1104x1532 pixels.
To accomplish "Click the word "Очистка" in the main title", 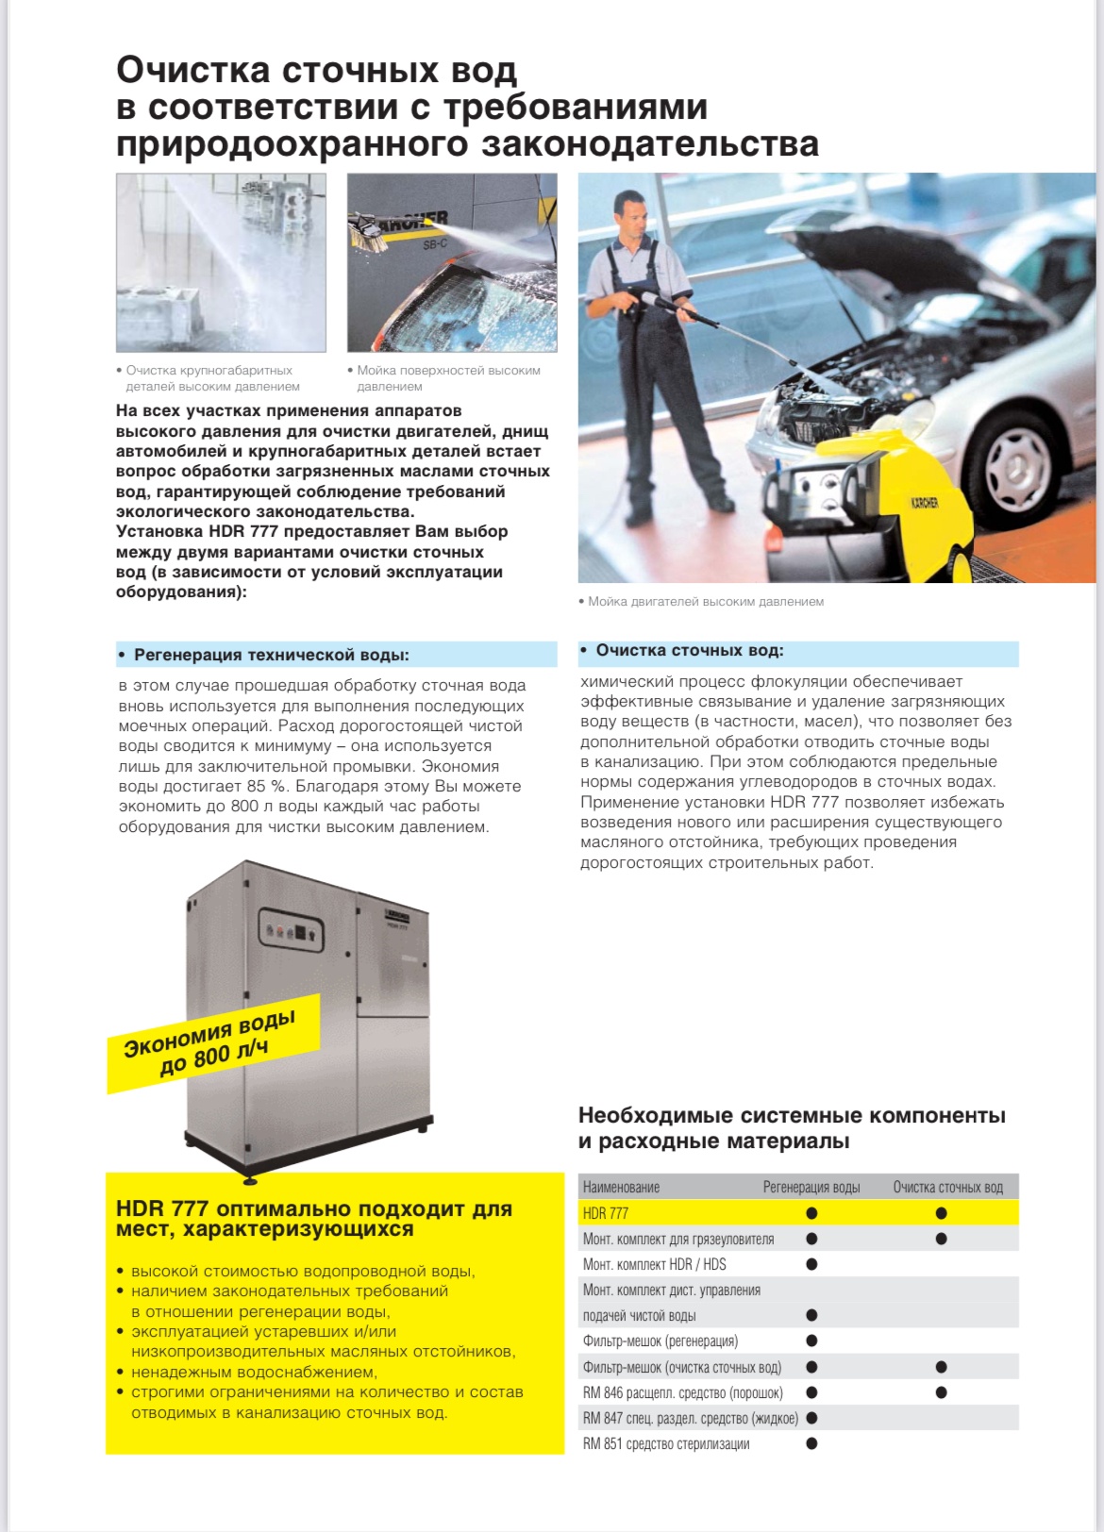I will pyautogui.click(x=192, y=71).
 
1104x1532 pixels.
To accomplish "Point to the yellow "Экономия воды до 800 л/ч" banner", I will pyautogui.click(x=212, y=1043).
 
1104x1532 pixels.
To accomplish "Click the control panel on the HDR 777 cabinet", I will pyautogui.click(x=291, y=931).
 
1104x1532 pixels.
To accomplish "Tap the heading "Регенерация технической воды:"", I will pyautogui.click(x=271, y=655).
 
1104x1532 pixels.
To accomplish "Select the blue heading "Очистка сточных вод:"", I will pyautogui.click(x=689, y=651).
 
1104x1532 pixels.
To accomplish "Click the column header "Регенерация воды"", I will pyautogui.click(x=811, y=1187).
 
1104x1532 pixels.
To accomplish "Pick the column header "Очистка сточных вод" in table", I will pyautogui.click(x=947, y=1187).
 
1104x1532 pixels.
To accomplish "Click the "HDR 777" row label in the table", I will pyautogui.click(x=606, y=1213).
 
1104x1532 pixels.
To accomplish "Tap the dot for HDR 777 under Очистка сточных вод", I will pyautogui.click(x=941, y=1213).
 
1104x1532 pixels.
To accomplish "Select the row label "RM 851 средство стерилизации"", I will pyautogui.click(x=666, y=1443).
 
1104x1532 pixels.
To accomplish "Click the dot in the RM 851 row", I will pyautogui.click(x=811, y=1443).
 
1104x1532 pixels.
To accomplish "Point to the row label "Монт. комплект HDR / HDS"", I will pyautogui.click(x=654, y=1264).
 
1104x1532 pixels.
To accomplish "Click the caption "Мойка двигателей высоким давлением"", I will pyautogui.click(x=705, y=602).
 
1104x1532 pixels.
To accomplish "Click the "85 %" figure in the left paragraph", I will pyautogui.click(x=267, y=786).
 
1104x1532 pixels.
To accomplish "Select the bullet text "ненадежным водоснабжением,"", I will pyautogui.click(x=254, y=1372).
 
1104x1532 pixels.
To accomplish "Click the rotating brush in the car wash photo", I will pyautogui.click(x=371, y=232).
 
